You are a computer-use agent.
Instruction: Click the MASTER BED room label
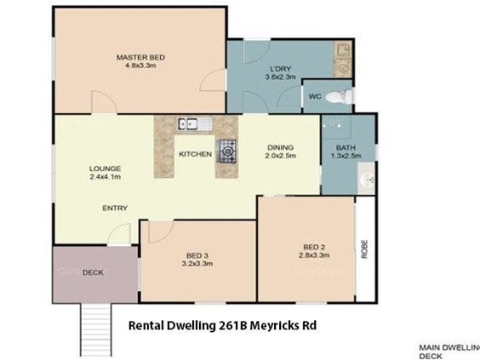(x=140, y=57)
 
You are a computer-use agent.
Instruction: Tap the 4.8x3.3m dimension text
(x=140, y=66)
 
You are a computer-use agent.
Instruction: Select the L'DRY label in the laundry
(x=280, y=69)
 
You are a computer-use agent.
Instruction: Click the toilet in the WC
(x=339, y=97)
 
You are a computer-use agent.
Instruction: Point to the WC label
(x=315, y=97)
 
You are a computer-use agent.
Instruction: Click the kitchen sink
(x=195, y=124)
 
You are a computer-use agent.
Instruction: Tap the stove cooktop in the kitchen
(x=227, y=151)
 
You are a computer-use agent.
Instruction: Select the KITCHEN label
(x=195, y=154)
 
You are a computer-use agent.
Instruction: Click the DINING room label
(x=280, y=147)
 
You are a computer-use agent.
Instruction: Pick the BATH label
(x=346, y=148)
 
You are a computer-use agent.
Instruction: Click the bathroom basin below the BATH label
(x=366, y=178)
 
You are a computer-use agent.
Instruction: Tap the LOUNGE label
(x=105, y=169)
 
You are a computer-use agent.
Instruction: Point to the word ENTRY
(x=115, y=209)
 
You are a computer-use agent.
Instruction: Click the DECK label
(x=93, y=272)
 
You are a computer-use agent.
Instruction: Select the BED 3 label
(x=197, y=255)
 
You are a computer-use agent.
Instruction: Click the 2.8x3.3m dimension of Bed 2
(x=314, y=255)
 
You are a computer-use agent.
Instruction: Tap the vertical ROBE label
(x=364, y=249)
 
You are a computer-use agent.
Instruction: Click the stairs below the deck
(x=96, y=329)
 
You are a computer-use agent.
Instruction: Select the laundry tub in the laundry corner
(x=342, y=49)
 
